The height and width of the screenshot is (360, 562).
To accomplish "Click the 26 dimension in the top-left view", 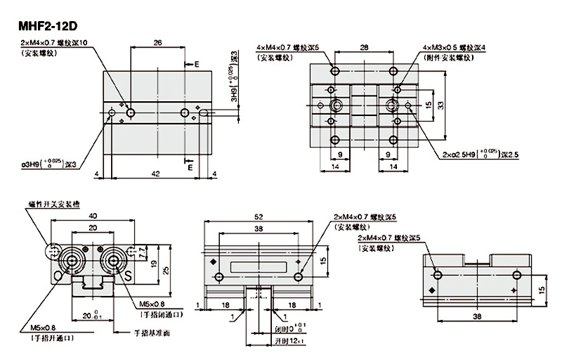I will pos(157,44).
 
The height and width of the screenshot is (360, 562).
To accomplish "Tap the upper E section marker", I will pos(197,64).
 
